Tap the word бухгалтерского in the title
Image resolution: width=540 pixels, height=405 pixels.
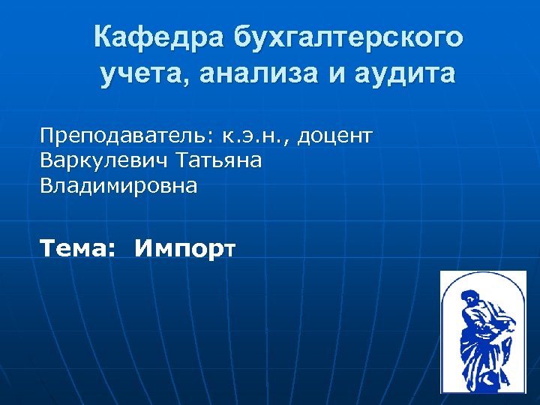(x=349, y=36)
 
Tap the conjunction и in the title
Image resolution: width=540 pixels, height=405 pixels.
(x=324, y=75)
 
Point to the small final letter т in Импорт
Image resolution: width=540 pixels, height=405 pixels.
(x=229, y=250)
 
